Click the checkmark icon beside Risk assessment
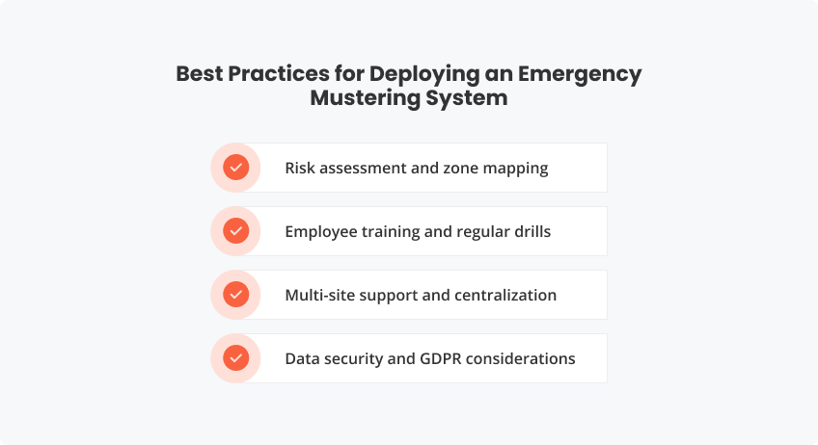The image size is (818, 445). point(235,168)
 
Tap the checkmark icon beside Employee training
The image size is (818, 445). point(235,231)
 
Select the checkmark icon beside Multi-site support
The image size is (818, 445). point(235,295)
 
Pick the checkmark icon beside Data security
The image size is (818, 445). point(235,358)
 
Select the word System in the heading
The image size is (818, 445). point(472,98)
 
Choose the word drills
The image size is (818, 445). point(530,231)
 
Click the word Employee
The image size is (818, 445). point(323,231)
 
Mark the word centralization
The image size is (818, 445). point(505,295)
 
